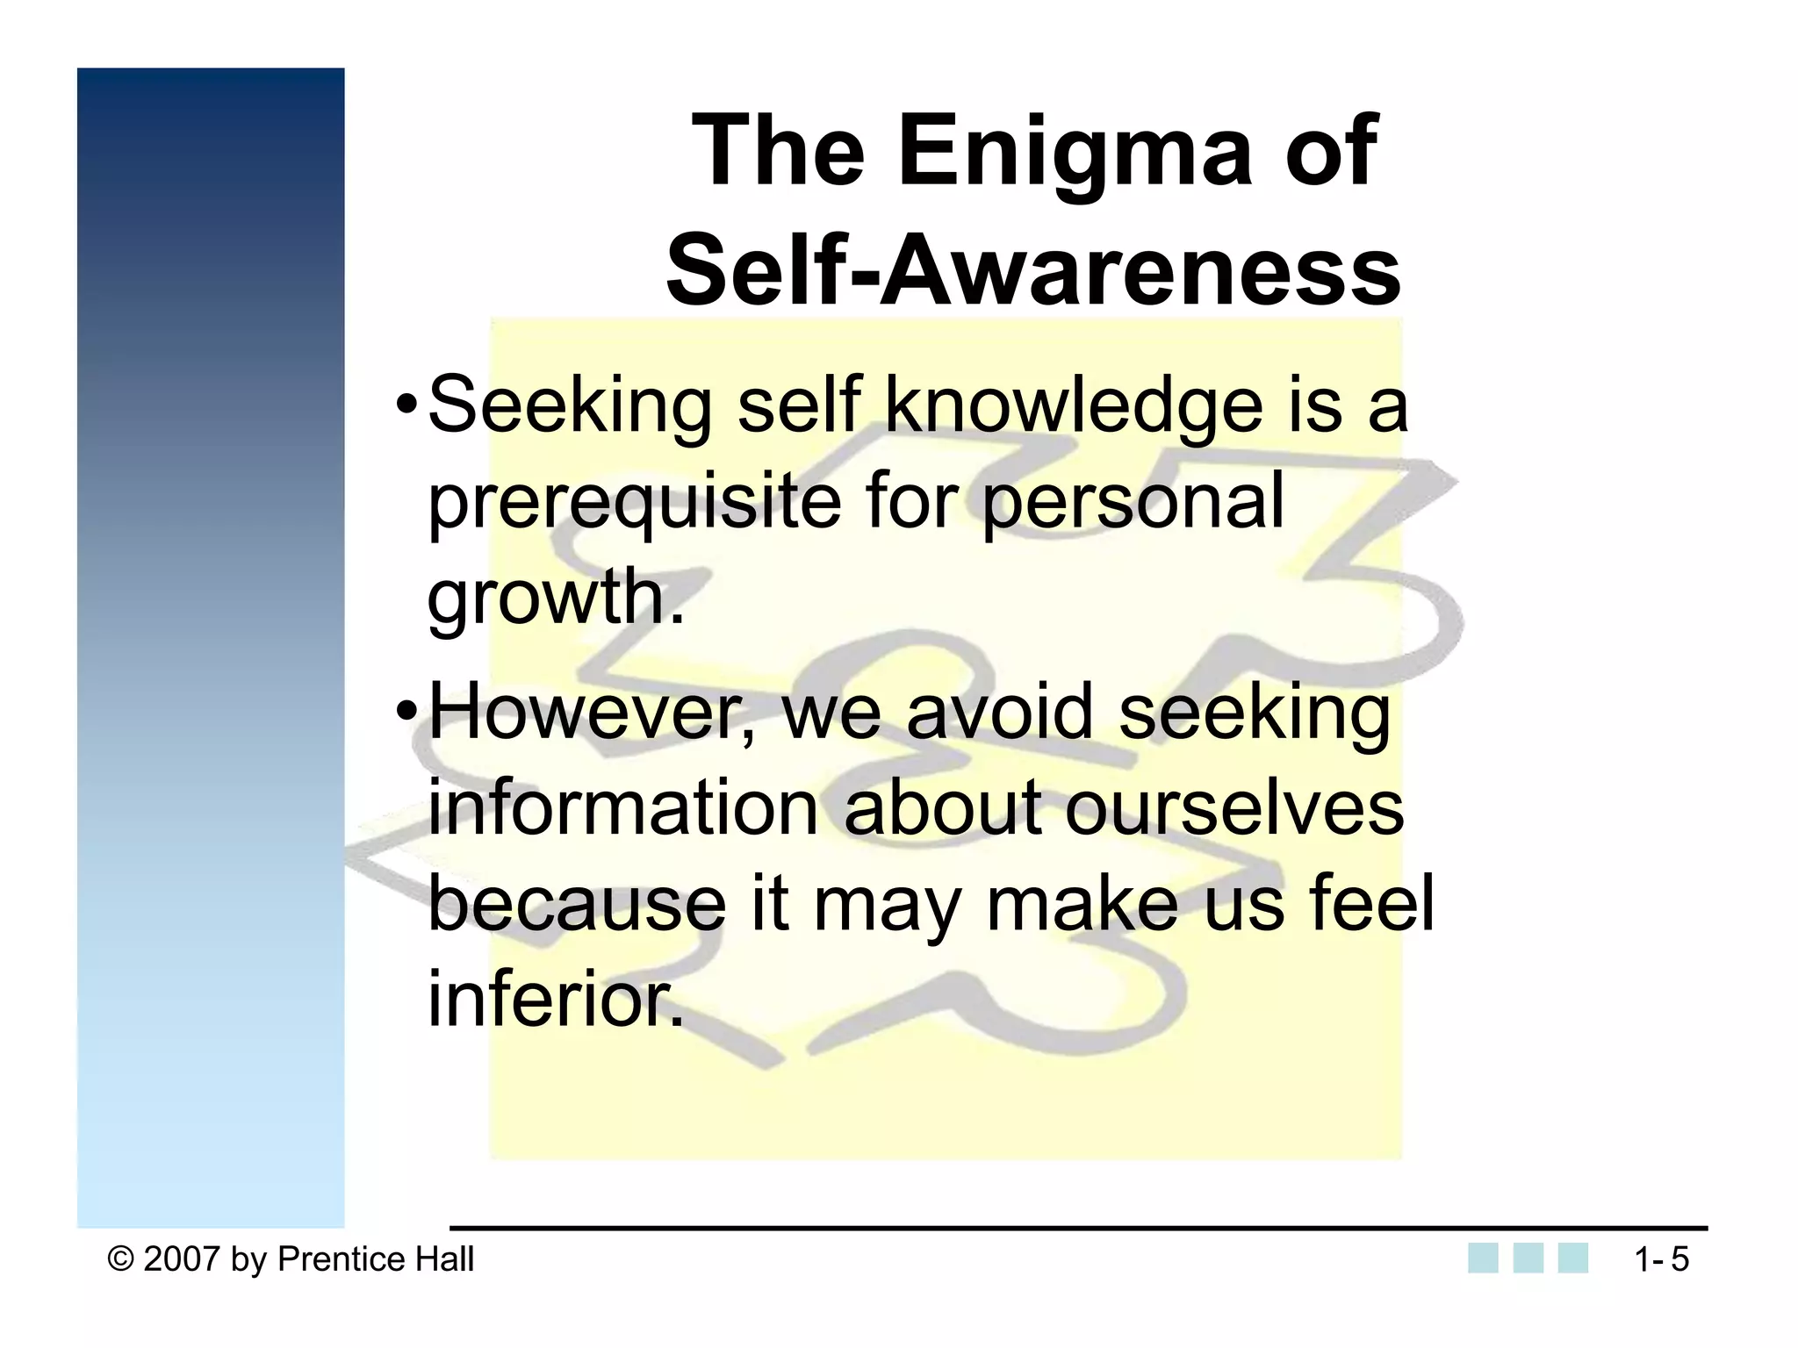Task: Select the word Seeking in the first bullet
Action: pos(569,405)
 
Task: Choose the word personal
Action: pos(1133,501)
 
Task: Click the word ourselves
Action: pos(1234,808)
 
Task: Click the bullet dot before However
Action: pos(406,713)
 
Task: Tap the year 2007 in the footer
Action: pos(181,1259)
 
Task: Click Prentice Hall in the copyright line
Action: pos(376,1259)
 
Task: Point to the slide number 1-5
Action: pos(1661,1260)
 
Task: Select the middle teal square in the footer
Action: pos(1528,1258)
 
